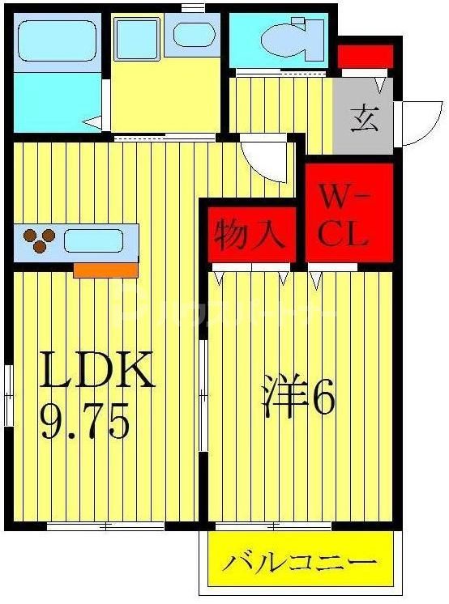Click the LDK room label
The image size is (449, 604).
coord(97,371)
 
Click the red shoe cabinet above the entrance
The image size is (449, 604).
coord(365,57)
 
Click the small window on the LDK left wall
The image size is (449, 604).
coord(8,395)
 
